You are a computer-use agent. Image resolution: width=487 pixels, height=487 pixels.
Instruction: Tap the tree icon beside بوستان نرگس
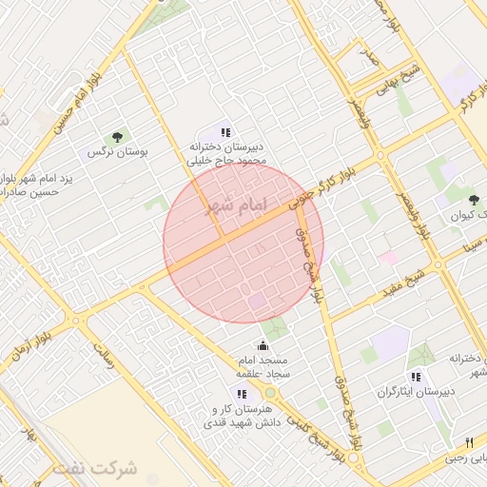tap(118, 138)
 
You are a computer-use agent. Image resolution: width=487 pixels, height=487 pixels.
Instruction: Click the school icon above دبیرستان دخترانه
tap(225, 132)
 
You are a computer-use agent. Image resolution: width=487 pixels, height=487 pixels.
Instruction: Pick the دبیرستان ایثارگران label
tap(416, 391)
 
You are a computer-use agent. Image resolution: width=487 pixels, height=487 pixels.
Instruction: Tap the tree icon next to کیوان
tap(474, 200)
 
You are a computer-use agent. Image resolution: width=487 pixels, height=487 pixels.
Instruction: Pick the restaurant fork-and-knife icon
tap(470, 442)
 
